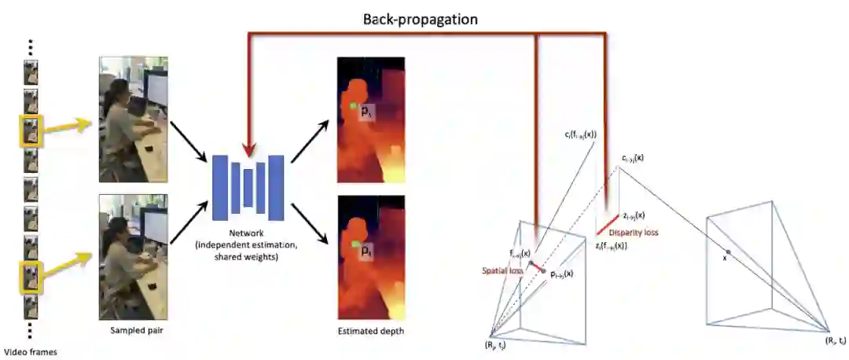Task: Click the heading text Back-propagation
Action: [420, 19]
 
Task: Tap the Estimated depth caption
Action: [371, 332]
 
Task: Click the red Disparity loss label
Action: [635, 233]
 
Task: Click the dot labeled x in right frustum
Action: [728, 252]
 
